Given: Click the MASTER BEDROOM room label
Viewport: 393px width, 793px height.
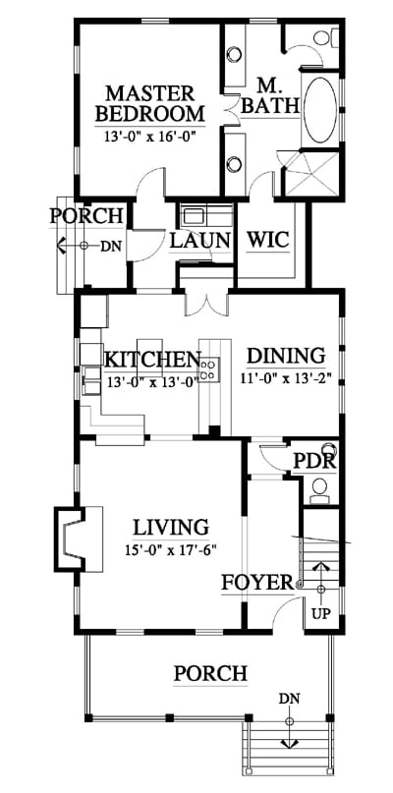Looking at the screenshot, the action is pos(149,104).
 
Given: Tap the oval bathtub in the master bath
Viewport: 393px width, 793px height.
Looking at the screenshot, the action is pos(320,110).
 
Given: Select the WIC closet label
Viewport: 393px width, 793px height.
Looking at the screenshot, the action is pos(267,239).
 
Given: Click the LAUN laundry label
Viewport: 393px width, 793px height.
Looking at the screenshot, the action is pos(199,240).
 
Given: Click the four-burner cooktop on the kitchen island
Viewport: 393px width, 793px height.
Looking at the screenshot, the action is pos(208,369).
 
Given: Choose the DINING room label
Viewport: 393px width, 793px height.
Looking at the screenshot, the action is pos(286,356).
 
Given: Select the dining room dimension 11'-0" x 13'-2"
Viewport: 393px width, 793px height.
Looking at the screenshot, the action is pos(286,379).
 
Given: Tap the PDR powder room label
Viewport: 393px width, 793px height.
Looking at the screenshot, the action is pos(315,461).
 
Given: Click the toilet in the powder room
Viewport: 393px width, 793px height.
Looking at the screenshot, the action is pos(318,490).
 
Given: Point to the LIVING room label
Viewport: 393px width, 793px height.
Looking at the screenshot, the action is pos(170,528).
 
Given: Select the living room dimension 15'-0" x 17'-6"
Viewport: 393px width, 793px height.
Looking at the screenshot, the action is pos(170,550).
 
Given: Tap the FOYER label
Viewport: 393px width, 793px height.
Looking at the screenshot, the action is pos(257,583).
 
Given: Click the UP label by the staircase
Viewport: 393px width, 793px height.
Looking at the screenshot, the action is pos(320,614).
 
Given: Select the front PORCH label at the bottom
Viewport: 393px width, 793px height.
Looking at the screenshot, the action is pos(210,674).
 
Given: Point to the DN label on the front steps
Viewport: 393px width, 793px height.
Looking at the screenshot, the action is pos(289,699).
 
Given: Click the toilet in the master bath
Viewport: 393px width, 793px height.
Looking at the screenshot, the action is pos(325,36).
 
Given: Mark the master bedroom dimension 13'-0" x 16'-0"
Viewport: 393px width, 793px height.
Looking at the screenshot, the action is pos(149,136).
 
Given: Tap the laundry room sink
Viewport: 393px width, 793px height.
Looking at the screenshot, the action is pos(193,216).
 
